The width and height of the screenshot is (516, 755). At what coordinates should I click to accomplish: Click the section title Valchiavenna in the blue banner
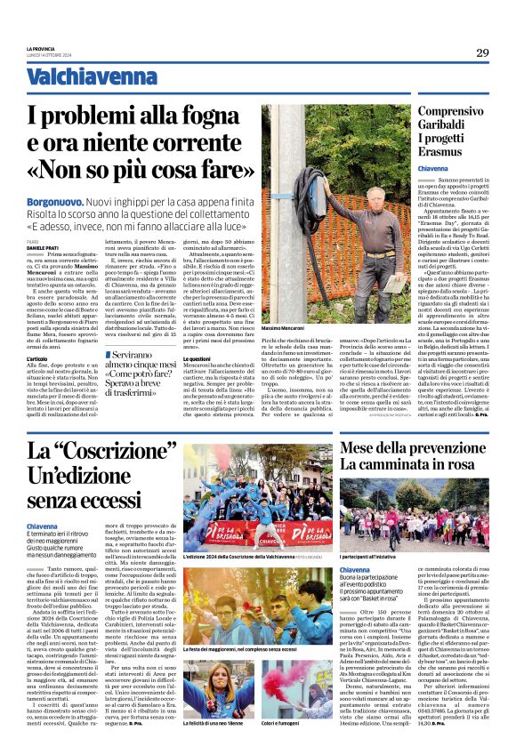coord(79,79)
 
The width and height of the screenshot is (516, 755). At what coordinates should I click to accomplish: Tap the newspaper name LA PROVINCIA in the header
coord(41,48)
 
